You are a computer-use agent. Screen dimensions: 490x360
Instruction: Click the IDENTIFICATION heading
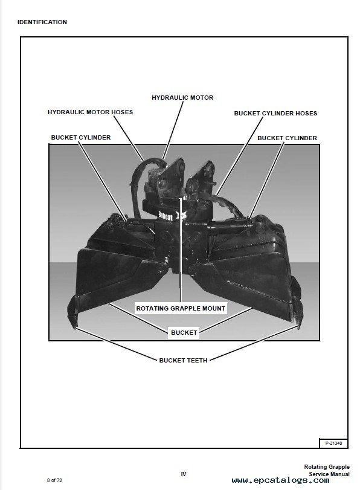click(x=42, y=22)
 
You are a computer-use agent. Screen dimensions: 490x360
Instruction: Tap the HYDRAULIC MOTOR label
click(x=182, y=97)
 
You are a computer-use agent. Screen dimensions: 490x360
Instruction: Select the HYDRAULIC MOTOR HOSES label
click(x=91, y=112)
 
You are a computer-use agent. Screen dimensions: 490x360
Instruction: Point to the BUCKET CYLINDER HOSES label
click(x=275, y=113)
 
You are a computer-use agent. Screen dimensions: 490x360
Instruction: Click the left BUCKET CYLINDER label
click(x=81, y=138)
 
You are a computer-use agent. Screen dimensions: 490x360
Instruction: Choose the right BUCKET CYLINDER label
click(x=287, y=138)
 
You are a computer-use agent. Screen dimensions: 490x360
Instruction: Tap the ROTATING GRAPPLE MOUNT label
click(x=181, y=308)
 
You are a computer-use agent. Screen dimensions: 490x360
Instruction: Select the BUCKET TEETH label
click(x=183, y=360)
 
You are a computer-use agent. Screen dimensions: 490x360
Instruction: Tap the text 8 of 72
click(x=54, y=480)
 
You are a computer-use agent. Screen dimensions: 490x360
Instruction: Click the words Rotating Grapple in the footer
click(x=327, y=468)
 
